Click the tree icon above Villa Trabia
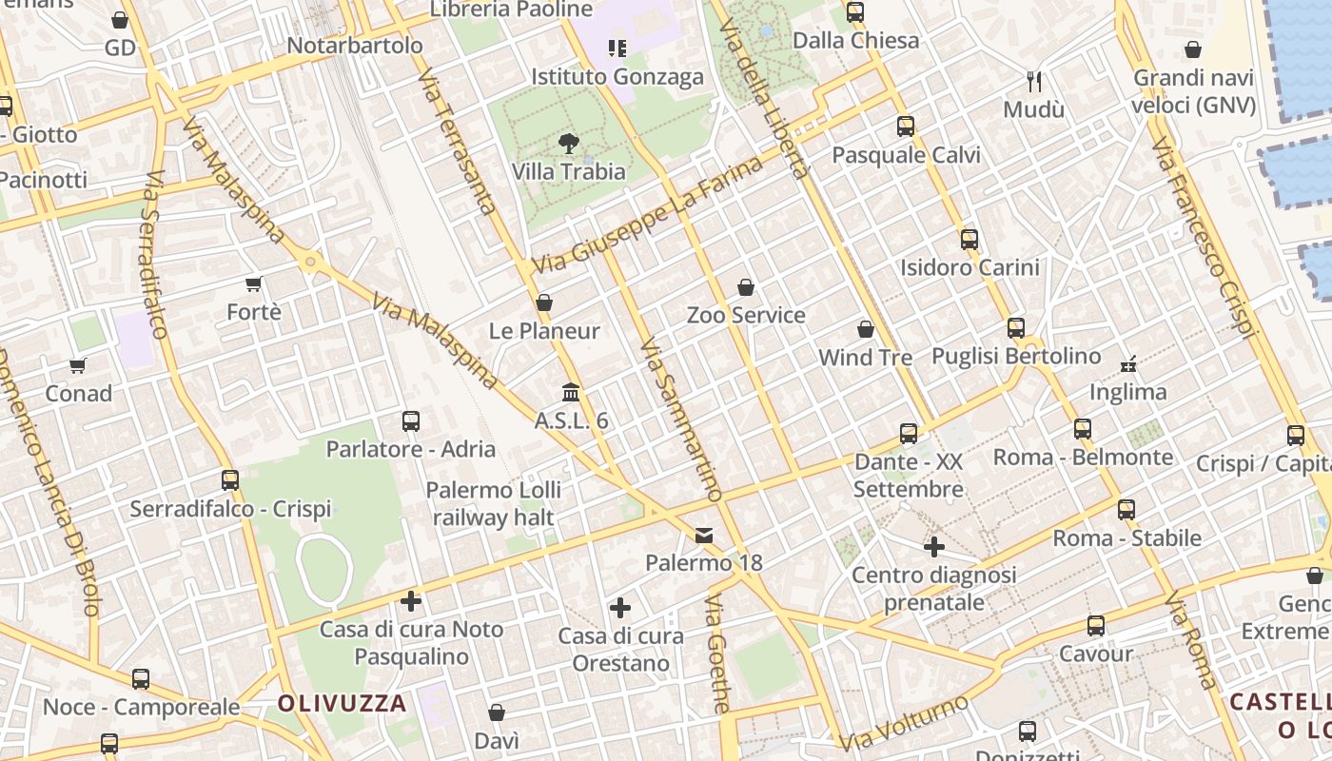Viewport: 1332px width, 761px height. click(569, 144)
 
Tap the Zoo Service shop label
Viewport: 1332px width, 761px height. click(746, 315)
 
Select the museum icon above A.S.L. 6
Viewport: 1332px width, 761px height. click(571, 392)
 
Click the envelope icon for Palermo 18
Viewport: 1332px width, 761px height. click(704, 536)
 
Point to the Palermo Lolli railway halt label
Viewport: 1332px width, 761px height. click(493, 504)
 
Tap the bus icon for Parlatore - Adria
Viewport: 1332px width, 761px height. click(411, 420)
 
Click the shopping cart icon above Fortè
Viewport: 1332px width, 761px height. click(254, 283)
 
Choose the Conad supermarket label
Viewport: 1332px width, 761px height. click(79, 393)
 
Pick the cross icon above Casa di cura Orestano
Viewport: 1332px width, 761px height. click(620, 607)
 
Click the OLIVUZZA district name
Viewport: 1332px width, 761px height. click(343, 704)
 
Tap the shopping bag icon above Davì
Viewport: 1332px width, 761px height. click(497, 712)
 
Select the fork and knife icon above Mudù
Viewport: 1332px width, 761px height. click(1034, 82)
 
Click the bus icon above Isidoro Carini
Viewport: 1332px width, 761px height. click(970, 239)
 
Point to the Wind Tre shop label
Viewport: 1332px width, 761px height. click(866, 358)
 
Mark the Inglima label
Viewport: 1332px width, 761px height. click(1127, 392)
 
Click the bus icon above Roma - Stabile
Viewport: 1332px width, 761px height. click(1126, 509)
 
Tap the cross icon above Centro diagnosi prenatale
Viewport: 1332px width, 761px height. click(934, 547)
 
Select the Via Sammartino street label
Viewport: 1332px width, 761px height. click(681, 419)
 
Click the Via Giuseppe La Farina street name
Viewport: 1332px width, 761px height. click(649, 214)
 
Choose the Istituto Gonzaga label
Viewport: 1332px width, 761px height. click(617, 77)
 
